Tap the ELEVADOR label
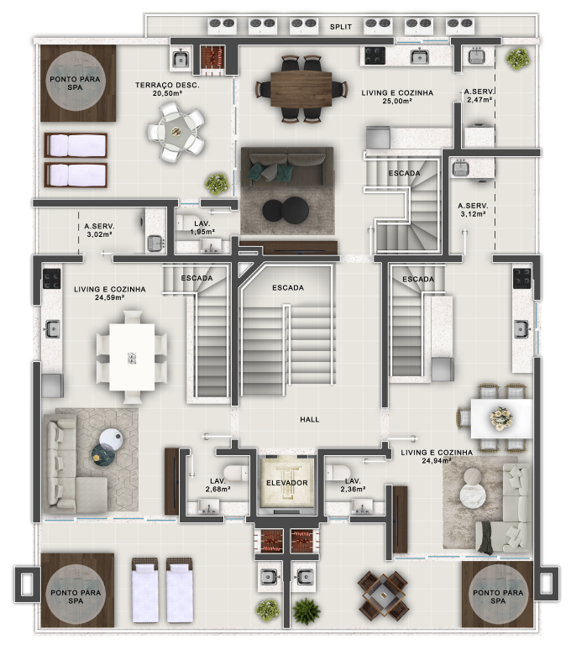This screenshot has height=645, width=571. [286, 483]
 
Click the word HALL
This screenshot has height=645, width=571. [309, 420]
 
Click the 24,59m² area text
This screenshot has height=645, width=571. [110, 297]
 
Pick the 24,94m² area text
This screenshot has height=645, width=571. [437, 461]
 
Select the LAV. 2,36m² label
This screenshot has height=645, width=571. [353, 485]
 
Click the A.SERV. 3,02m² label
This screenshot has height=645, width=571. [99, 231]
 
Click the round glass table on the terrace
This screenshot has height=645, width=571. [175, 131]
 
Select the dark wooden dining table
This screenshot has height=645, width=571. [301, 86]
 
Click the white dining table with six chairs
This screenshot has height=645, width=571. [132, 357]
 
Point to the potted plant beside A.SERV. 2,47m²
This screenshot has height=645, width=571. [518, 58]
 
